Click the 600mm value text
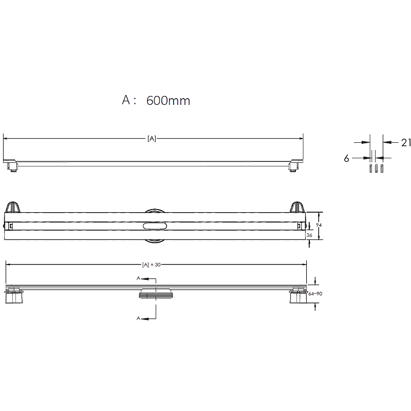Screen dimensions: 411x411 [x=168, y=101]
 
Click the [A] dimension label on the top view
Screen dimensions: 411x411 [x=152, y=138]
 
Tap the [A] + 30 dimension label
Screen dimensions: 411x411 [x=151, y=265]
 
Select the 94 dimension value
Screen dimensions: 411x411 [x=319, y=225]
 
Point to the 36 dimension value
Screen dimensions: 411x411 [x=309, y=235]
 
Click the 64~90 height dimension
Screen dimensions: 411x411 [x=315, y=294]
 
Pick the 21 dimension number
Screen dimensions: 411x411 [x=406, y=143]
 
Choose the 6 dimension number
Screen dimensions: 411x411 [x=346, y=158]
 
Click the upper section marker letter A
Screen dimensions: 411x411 [x=138, y=278]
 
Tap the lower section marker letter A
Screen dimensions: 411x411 [x=138, y=319]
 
